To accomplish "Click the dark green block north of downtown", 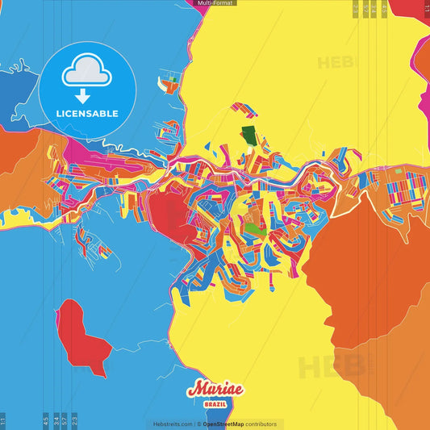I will click(x=251, y=135).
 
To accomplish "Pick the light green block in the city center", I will click(x=254, y=229).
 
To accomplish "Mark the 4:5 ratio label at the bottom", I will click(x=46, y=420).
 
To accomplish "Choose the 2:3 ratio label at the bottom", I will click(x=74, y=420).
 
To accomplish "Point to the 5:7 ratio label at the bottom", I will click(x=64, y=420).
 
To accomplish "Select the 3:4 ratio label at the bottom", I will click(x=55, y=420).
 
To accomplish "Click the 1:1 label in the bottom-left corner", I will click(x=3, y=420).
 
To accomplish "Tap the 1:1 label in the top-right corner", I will click(x=426, y=8).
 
